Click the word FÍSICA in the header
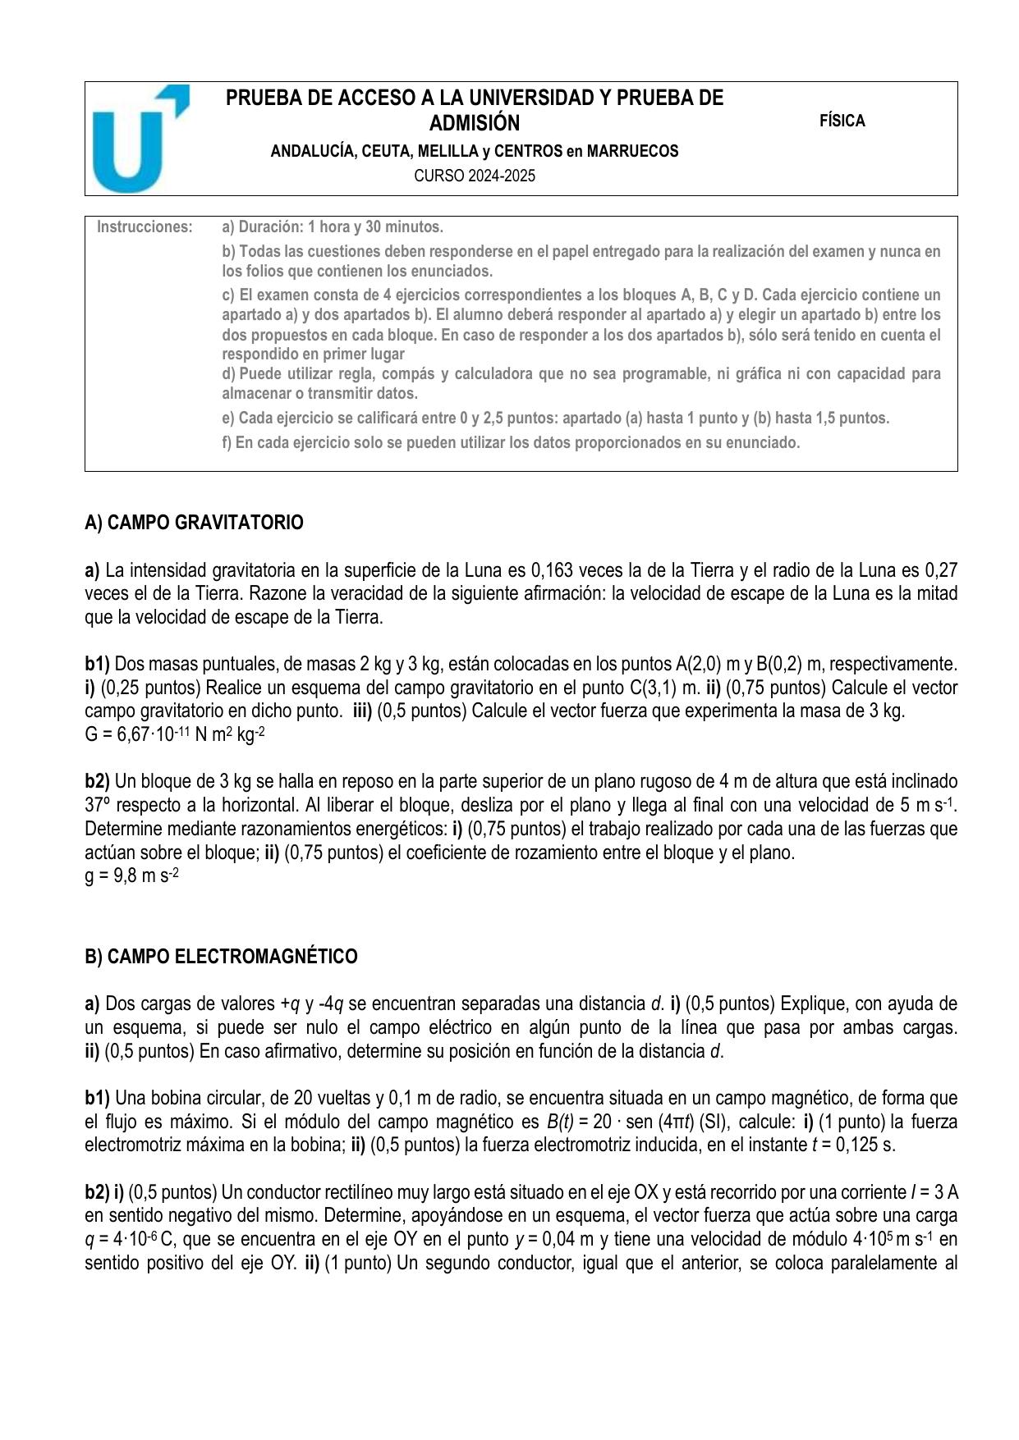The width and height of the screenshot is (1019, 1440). [842, 121]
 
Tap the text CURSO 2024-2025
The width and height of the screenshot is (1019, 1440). [475, 176]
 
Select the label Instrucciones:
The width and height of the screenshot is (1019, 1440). [145, 226]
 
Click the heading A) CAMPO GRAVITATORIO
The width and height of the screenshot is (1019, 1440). [194, 523]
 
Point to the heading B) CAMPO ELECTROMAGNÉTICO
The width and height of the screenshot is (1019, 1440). [221, 957]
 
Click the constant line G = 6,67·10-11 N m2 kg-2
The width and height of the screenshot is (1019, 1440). [174, 734]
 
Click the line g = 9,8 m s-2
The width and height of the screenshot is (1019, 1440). [131, 876]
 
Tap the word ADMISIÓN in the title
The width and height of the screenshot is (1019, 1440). [475, 124]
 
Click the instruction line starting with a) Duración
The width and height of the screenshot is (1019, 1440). [333, 226]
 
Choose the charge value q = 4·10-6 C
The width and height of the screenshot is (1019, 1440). [126, 1240]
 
